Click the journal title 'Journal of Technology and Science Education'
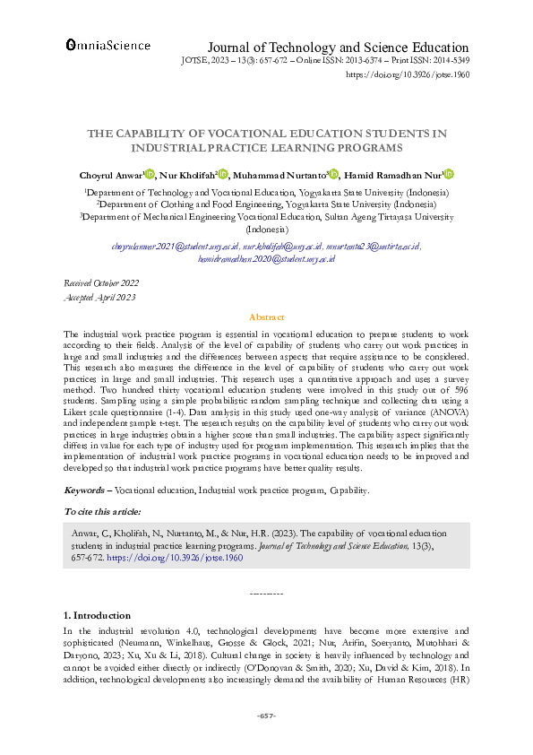[x=338, y=48]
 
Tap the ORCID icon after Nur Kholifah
[x=224, y=175]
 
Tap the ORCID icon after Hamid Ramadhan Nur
[x=450, y=175]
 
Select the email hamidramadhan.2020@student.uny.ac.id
[x=266, y=257]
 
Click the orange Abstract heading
[x=266, y=317]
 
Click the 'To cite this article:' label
[x=102, y=511]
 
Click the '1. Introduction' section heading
[x=97, y=615]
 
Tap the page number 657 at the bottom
[x=266, y=715]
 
